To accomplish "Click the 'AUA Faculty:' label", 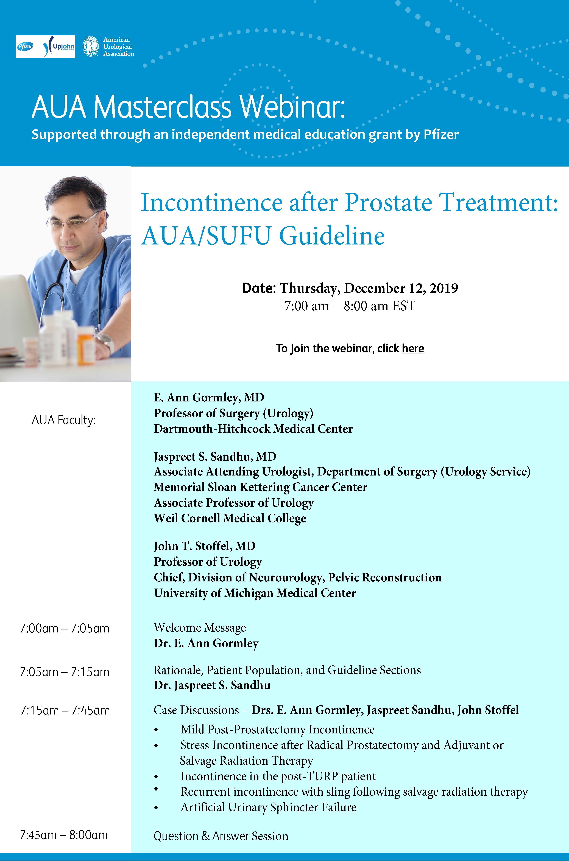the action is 63,420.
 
